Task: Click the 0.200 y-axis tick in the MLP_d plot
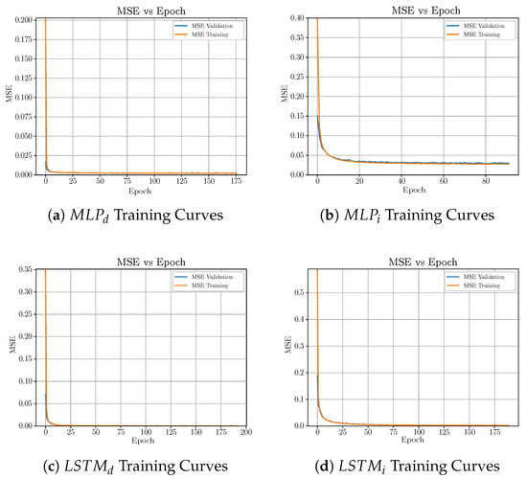[21, 17]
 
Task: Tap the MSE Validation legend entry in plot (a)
[216, 24]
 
